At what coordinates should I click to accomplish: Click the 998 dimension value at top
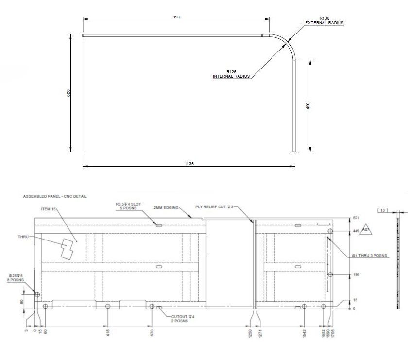pos(176,17)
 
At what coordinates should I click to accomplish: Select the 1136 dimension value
pos(189,164)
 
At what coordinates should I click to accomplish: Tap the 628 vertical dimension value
pos(68,92)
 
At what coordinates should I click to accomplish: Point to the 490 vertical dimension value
pos(308,105)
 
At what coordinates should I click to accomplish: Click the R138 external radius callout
pos(324,20)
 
